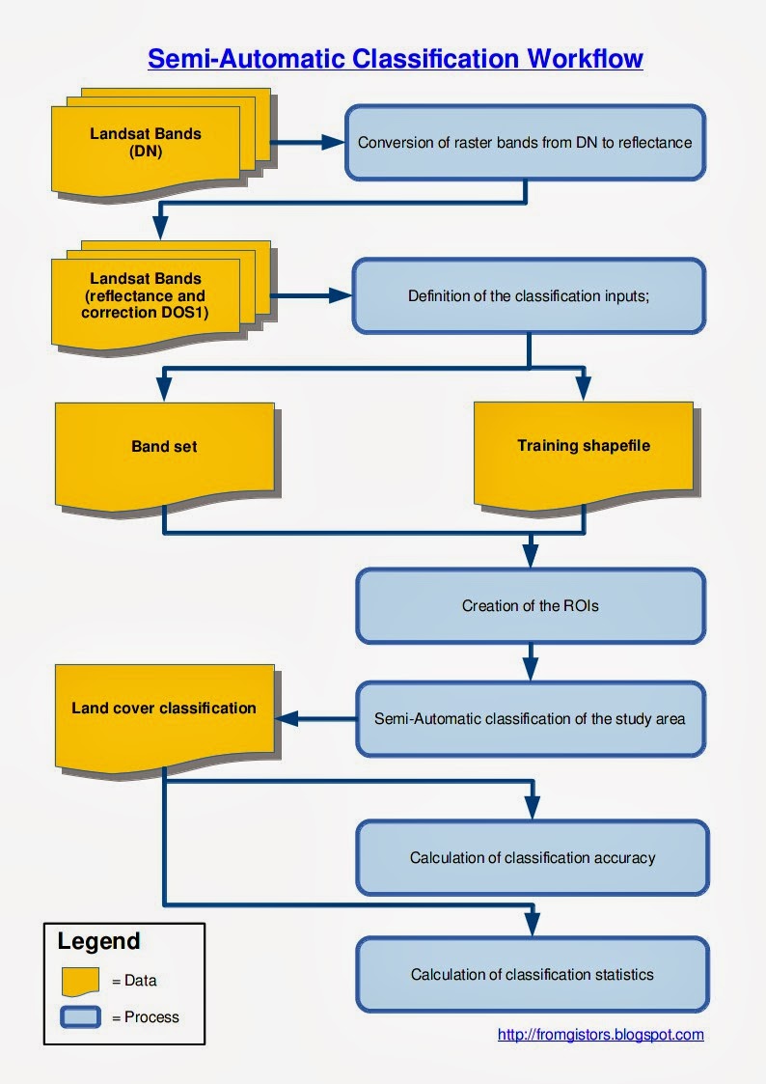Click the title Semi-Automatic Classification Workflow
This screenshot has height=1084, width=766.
pyautogui.click(x=395, y=60)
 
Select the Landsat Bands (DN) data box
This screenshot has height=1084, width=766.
pyautogui.click(x=146, y=144)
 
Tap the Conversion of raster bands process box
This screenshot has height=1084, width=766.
pyautogui.click(x=525, y=142)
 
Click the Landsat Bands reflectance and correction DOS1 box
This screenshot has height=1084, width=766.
pyautogui.click(x=146, y=295)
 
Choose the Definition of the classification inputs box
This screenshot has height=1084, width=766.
pyautogui.click(x=528, y=296)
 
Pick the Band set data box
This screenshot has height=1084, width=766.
pyautogui.click(x=164, y=447)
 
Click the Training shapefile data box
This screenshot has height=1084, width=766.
pyautogui.click(x=583, y=447)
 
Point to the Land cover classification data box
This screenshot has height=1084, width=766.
pyautogui.click(x=164, y=714)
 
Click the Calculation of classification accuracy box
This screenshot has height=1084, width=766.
pyautogui.click(x=532, y=857)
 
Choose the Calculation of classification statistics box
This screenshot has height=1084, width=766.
pyautogui.click(x=532, y=974)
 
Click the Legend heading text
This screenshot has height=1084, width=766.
pyautogui.click(x=98, y=941)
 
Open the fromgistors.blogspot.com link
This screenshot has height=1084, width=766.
pyautogui.click(x=600, y=1034)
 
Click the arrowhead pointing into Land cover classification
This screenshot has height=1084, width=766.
pyautogui.click(x=287, y=718)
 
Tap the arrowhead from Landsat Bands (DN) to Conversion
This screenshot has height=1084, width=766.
pyautogui.click(x=333, y=142)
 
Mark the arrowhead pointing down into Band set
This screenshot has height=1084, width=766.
pyautogui.click(x=164, y=387)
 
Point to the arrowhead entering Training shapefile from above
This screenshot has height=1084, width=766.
pyautogui.click(x=583, y=387)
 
